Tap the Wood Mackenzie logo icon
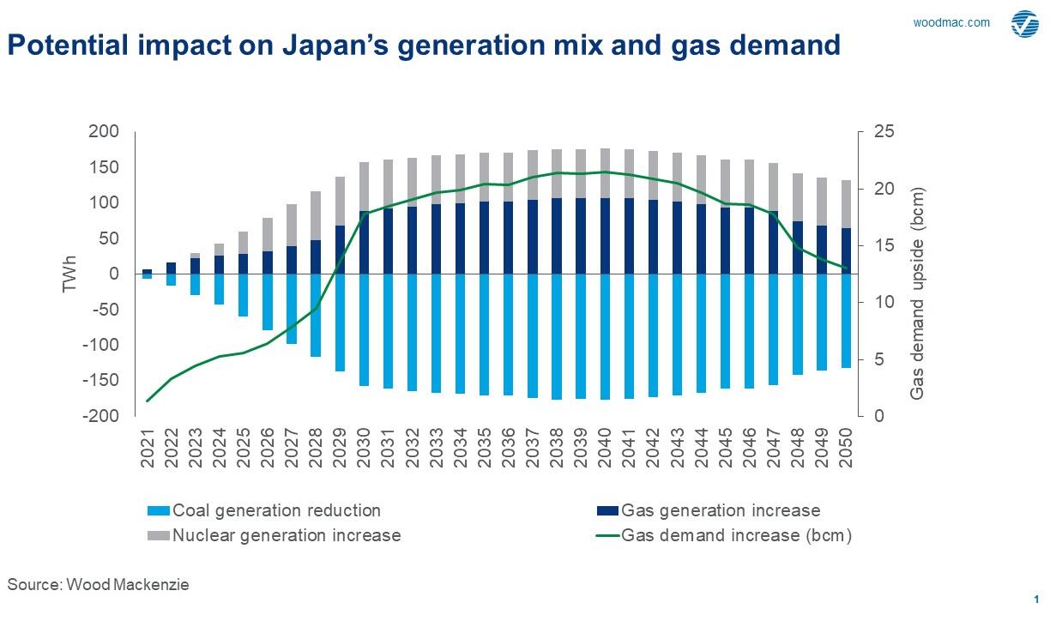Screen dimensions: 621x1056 1024,24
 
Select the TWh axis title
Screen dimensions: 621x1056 70,274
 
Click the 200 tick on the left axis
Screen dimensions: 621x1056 104,132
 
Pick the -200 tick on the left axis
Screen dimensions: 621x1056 100,416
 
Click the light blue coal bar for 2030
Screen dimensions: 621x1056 365,330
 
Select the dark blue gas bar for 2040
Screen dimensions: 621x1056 606,236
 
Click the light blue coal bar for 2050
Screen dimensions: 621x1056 846,321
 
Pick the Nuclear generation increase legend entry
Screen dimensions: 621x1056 274,536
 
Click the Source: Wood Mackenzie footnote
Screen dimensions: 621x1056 98,585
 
